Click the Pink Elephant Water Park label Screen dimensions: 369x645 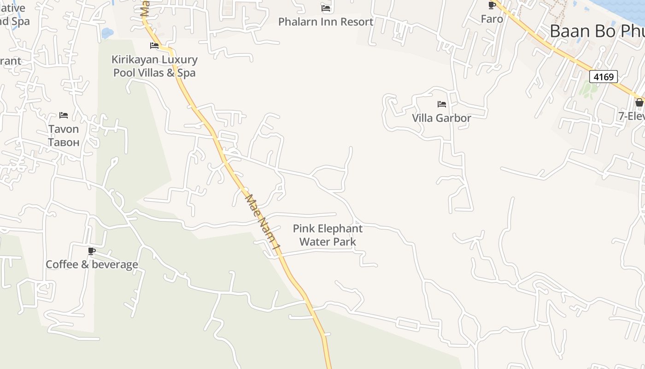(328, 235)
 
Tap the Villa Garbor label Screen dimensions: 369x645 (441, 118)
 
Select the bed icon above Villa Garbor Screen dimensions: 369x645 (442, 104)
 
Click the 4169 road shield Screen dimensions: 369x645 (603, 77)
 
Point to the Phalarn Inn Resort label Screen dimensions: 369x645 (326, 22)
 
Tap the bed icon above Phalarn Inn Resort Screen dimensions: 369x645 (326, 8)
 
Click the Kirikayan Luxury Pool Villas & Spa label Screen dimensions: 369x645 (154, 66)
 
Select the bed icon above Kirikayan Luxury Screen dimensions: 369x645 (154, 46)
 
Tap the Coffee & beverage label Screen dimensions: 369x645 (92, 264)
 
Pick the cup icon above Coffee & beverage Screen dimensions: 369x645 (92, 251)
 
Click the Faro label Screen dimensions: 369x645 (492, 19)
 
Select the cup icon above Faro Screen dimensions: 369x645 (492, 6)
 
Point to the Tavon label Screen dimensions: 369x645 (64, 129)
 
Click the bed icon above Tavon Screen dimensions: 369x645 (64, 115)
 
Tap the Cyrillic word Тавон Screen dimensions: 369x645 (64, 142)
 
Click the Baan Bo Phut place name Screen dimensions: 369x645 (597, 31)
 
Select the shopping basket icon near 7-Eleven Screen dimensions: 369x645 (639, 102)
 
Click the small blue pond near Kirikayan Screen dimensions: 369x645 (107, 33)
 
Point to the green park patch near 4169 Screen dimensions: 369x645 (587, 89)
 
